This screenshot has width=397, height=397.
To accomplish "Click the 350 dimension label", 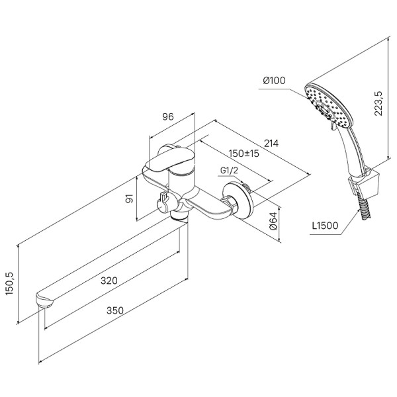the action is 115,310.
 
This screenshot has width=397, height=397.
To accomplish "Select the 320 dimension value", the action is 109,281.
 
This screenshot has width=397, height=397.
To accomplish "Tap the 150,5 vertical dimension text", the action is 10,284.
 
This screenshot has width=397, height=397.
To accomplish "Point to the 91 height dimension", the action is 130,198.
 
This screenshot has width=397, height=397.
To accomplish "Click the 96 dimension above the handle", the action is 168,116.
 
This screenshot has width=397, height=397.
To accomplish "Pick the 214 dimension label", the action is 271,144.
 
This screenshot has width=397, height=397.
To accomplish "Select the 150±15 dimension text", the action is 243,154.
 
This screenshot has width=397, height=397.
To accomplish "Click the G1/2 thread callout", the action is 229,171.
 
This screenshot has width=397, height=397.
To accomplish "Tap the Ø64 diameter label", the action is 273,221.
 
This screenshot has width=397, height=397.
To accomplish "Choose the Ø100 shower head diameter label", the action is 274,81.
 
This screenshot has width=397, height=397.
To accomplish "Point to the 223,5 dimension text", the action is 378,103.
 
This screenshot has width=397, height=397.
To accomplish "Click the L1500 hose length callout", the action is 325,226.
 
